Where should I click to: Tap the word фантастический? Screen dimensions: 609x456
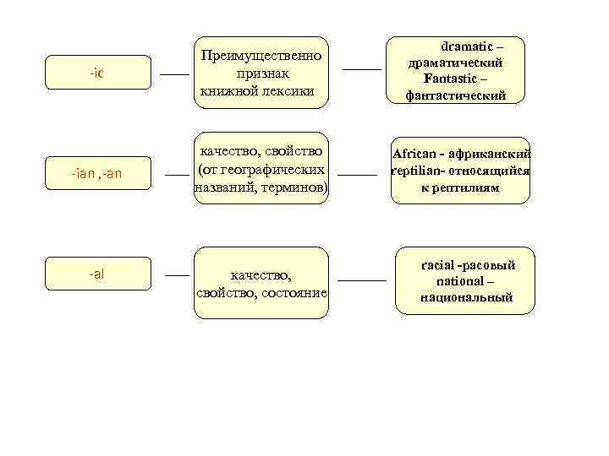[456, 95]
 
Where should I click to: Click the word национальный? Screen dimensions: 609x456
[466, 297]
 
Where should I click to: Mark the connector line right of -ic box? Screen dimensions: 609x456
[174, 74]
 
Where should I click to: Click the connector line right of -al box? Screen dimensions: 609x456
[177, 276]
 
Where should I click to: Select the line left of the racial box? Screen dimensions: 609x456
[361, 279]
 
